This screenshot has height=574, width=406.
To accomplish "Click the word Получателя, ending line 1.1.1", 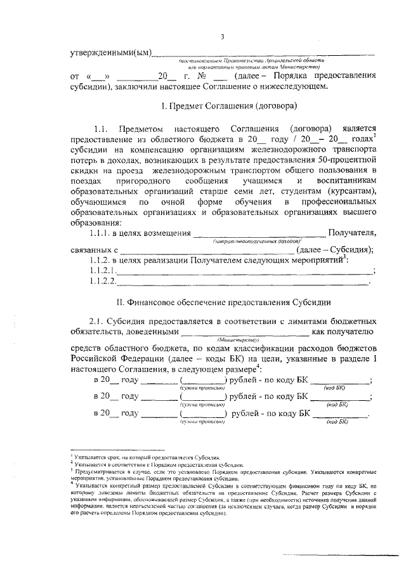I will [x=351, y=234].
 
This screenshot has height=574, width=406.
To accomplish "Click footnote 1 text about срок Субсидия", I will [x=146, y=457].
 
